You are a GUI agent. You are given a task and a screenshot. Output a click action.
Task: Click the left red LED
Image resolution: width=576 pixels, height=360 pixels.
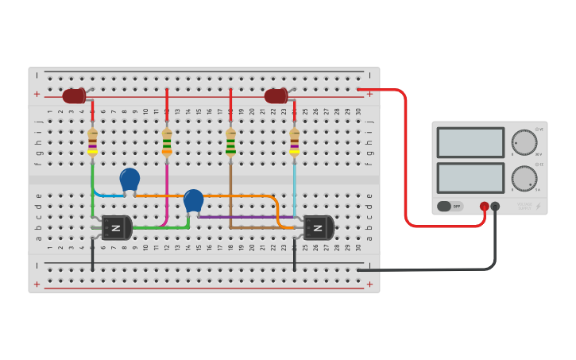click(74, 96)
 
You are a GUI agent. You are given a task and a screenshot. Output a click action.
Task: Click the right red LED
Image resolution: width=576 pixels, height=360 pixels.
click(276, 96)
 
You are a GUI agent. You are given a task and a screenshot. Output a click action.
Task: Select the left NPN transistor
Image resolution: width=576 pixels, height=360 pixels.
click(116, 228)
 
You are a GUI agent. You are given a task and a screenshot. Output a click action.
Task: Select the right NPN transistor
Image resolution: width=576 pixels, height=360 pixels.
click(318, 228)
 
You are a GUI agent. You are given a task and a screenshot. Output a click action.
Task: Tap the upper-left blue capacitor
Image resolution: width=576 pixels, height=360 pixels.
click(130, 180)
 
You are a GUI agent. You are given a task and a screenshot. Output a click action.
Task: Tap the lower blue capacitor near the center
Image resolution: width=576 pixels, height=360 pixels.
click(193, 200)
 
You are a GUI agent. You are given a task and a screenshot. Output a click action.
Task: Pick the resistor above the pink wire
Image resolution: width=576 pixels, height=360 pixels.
click(167, 141)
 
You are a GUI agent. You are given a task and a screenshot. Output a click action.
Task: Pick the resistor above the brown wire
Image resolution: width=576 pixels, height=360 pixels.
click(230, 141)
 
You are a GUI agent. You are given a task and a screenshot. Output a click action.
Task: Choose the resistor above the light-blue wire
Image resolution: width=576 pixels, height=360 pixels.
click(295, 141)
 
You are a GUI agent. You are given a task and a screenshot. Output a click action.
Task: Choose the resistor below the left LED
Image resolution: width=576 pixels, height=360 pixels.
click(92, 141)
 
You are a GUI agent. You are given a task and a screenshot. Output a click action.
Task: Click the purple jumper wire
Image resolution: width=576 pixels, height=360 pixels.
click(238, 216)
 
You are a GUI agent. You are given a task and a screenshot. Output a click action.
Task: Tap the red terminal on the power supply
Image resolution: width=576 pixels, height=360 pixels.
click(485, 207)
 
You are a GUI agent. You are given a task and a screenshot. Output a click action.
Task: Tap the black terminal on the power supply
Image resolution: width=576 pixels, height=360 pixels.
click(495, 207)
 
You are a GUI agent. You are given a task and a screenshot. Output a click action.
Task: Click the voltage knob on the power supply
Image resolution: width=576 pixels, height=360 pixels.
click(524, 142)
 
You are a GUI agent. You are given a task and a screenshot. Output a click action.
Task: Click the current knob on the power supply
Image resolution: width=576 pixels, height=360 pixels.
click(524, 178)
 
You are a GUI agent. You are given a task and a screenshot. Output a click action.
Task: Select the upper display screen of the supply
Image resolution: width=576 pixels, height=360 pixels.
click(470, 143)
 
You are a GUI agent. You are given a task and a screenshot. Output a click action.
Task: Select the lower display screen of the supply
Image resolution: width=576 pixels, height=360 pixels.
click(470, 178)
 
